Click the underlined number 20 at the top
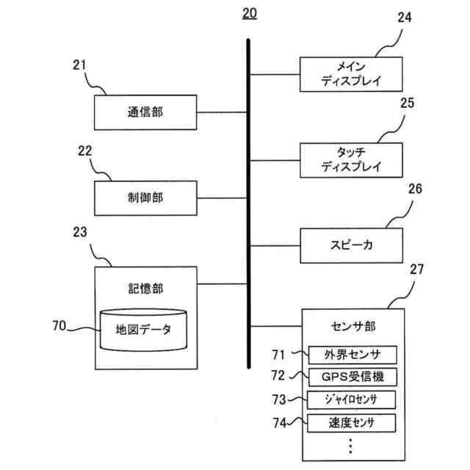point(250,14)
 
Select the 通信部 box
point(145,112)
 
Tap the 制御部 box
point(145,198)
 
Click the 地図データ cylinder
point(144,330)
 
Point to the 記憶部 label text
point(145,289)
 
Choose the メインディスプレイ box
point(351,74)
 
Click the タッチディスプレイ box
point(351,160)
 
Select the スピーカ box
point(351,246)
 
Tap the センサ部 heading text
point(353,326)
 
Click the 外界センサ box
point(352,355)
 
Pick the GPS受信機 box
point(352,377)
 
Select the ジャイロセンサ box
point(351,399)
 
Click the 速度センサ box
point(351,423)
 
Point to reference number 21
point(79,65)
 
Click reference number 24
point(405,18)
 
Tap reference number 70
point(59,326)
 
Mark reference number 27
point(417,270)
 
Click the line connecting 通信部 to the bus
point(222,112)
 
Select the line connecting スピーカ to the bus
point(275,246)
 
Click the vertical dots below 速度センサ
point(351,446)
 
